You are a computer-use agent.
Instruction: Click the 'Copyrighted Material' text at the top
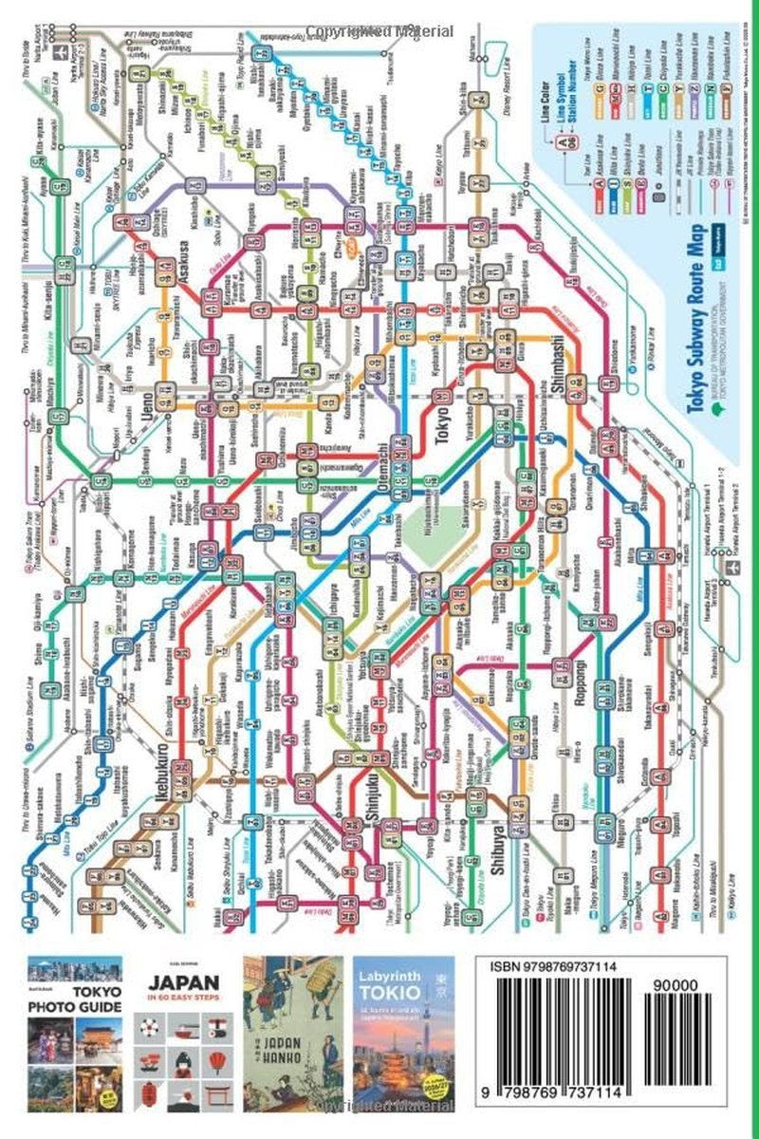379,9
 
